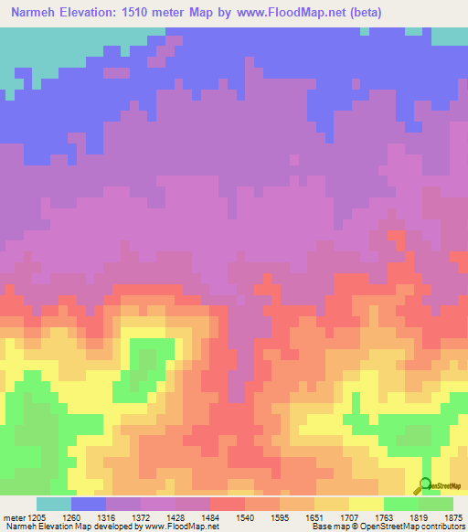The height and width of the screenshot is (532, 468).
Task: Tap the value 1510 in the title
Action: [139, 13]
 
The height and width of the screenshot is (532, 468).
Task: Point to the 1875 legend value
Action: [452, 517]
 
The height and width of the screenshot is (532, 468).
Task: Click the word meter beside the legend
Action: [13, 517]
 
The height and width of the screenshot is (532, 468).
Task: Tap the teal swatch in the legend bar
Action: [54, 504]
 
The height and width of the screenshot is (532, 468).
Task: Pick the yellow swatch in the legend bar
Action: [366, 504]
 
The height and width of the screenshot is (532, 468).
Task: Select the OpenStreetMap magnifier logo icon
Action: [425, 484]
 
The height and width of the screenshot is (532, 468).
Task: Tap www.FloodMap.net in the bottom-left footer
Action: [181, 527]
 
